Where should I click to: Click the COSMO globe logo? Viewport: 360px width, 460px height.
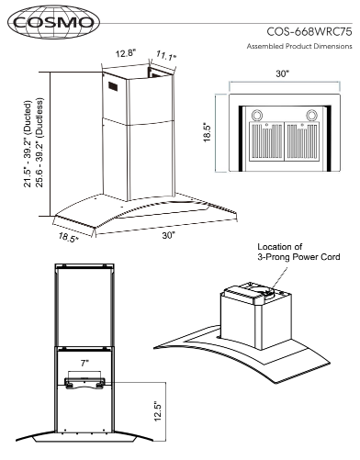point(54,22)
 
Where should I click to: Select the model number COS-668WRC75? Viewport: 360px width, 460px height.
point(309,32)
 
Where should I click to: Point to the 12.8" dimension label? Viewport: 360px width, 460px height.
point(126,54)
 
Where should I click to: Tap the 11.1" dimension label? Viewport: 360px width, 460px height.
point(166,56)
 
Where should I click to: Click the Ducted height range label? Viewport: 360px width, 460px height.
point(28,143)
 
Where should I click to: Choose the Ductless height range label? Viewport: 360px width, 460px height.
point(39,142)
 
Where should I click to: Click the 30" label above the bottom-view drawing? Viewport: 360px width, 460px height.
point(283,73)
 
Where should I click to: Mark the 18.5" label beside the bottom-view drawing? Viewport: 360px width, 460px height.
point(208,132)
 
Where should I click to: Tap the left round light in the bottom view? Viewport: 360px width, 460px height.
point(257,115)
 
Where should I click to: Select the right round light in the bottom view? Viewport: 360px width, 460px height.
point(311,115)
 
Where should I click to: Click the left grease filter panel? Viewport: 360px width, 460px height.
point(266,141)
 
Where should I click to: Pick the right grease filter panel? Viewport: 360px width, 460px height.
point(302,141)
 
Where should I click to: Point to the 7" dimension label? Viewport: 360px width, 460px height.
point(84,364)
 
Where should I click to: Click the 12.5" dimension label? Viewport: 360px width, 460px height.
point(157,410)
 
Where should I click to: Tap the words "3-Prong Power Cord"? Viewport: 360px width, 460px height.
point(298,257)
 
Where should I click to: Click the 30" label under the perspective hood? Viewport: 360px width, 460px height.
point(169,235)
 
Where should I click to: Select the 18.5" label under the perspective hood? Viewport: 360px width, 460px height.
point(68,238)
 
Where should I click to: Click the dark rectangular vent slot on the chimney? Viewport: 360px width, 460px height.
point(112,86)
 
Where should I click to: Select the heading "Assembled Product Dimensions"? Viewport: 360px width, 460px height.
point(299,46)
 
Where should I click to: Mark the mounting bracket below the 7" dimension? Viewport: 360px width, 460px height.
point(84,383)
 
